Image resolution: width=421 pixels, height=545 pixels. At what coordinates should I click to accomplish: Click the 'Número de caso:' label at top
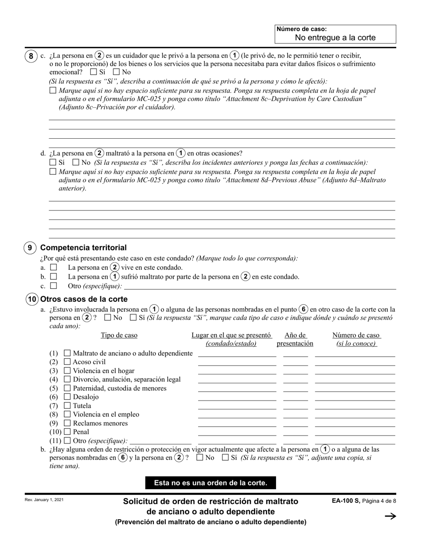point(301,29)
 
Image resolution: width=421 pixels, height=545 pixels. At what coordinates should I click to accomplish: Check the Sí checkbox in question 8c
point(93,72)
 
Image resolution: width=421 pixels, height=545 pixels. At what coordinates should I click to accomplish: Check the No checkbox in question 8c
point(116,72)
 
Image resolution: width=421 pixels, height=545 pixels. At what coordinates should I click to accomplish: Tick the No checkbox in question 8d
point(75,163)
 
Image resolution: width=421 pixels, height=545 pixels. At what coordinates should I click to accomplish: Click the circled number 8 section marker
point(30,56)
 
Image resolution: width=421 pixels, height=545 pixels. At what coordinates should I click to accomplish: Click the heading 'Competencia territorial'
point(83,248)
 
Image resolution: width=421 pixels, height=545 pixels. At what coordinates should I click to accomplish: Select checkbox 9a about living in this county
point(54,268)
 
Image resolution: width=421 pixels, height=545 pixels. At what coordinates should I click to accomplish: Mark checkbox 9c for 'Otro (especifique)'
point(54,286)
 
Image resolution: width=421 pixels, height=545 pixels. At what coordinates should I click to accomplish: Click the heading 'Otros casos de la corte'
point(84,299)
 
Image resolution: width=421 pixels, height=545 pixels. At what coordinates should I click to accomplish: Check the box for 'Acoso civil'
point(67,362)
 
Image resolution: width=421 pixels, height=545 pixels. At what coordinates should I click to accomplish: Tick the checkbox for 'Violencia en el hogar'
point(67,371)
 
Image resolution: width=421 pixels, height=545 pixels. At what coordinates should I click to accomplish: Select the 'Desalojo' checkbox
point(67,397)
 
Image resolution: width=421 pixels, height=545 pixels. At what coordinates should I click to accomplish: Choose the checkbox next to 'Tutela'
point(67,405)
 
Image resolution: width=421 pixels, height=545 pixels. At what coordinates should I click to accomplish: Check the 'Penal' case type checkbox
point(67,432)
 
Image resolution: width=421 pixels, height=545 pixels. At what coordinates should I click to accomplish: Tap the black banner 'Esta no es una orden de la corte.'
point(210,483)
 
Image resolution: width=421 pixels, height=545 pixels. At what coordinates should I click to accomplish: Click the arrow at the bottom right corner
point(390,516)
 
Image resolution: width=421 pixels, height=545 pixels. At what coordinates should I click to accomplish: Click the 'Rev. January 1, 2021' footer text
point(44,500)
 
